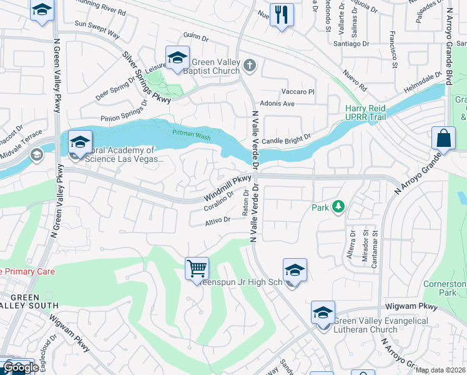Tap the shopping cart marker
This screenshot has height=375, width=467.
pos(197,269)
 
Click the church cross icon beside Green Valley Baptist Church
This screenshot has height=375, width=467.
pos(249,65)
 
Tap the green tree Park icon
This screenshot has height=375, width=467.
pos(338,206)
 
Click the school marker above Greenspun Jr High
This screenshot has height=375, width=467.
pos(295,270)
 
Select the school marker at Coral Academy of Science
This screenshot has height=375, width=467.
pos(80,143)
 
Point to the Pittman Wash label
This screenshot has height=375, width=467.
pos(192,132)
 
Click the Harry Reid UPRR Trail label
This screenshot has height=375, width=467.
pos(365,112)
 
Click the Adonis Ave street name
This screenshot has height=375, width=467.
pos(278,103)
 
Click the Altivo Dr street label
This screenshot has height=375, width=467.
pos(219,221)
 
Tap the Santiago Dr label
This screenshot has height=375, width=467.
pos(357,44)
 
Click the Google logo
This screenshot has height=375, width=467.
pos(21,367)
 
